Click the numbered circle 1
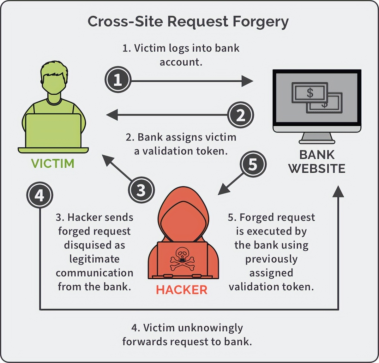pyautogui.click(x=118, y=80)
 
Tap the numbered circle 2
pyautogui.click(x=241, y=115)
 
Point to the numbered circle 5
pyautogui.click(x=253, y=164)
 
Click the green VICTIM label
pyautogui.click(x=53, y=164)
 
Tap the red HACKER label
pyautogui.click(x=182, y=290)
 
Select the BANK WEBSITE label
pyautogui.click(x=317, y=162)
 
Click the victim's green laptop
pyautogui.click(x=53, y=131)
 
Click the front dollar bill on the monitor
pyautogui.click(x=310, y=92)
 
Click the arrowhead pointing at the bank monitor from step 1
pyautogui.click(x=247, y=81)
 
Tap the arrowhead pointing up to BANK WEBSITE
pyautogui.click(x=338, y=192)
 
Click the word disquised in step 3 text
pyautogui.click(x=94, y=245)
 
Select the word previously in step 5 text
pyautogui.click(x=271, y=259)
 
